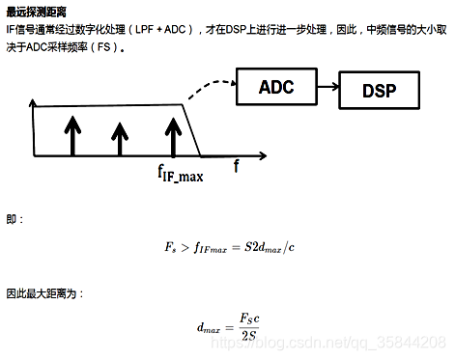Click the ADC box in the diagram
pos(275,87)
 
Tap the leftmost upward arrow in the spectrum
pos(72,135)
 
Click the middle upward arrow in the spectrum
pos(120,139)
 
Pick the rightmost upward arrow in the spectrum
pos(172,136)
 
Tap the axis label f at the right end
pos(237,165)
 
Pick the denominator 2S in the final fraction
pos(248,336)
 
